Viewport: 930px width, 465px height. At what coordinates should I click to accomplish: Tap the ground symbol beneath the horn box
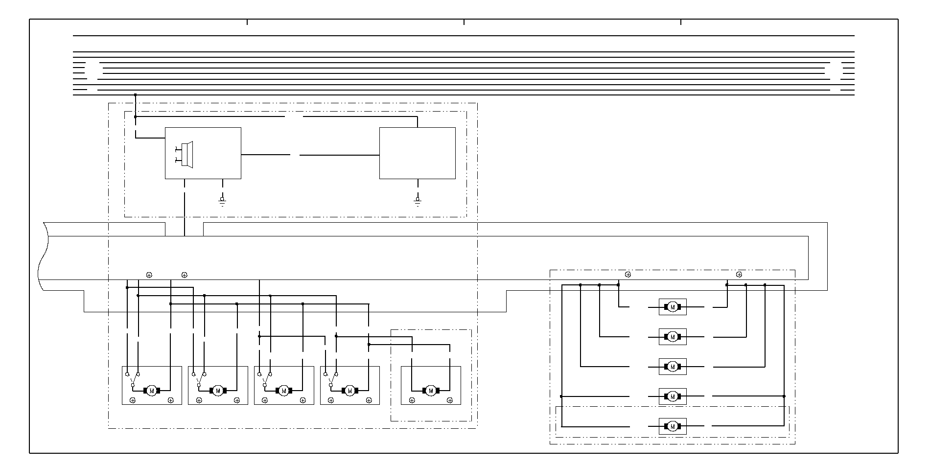[x=222, y=201]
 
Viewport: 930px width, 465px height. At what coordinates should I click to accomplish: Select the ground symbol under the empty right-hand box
[x=418, y=201]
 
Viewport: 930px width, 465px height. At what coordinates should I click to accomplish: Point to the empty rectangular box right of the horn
[x=418, y=153]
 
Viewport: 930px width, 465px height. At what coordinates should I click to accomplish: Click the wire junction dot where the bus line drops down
[x=136, y=95]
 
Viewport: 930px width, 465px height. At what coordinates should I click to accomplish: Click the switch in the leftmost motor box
[x=132, y=380]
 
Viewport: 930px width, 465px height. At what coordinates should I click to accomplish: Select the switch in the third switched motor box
[x=265, y=380]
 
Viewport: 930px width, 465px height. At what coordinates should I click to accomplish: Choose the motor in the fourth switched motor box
[x=349, y=390]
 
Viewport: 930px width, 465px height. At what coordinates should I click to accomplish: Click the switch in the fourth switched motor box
[x=331, y=380]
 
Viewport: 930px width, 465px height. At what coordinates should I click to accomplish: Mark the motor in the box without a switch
[x=431, y=390]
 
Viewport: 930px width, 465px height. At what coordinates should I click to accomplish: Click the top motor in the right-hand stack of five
[x=673, y=307]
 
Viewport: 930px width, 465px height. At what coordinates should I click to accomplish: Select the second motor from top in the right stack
[x=673, y=337]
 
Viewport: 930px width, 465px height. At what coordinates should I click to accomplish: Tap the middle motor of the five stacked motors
[x=673, y=367]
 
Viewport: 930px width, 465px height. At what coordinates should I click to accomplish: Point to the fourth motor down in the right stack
[x=673, y=396]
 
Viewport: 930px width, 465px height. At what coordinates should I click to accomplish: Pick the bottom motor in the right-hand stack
[x=673, y=426]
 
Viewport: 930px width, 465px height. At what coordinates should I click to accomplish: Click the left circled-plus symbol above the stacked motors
[x=628, y=275]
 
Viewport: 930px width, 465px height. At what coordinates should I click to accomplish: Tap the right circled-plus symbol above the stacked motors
[x=739, y=275]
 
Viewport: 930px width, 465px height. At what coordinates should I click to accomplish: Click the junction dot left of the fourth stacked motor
[x=561, y=396]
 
